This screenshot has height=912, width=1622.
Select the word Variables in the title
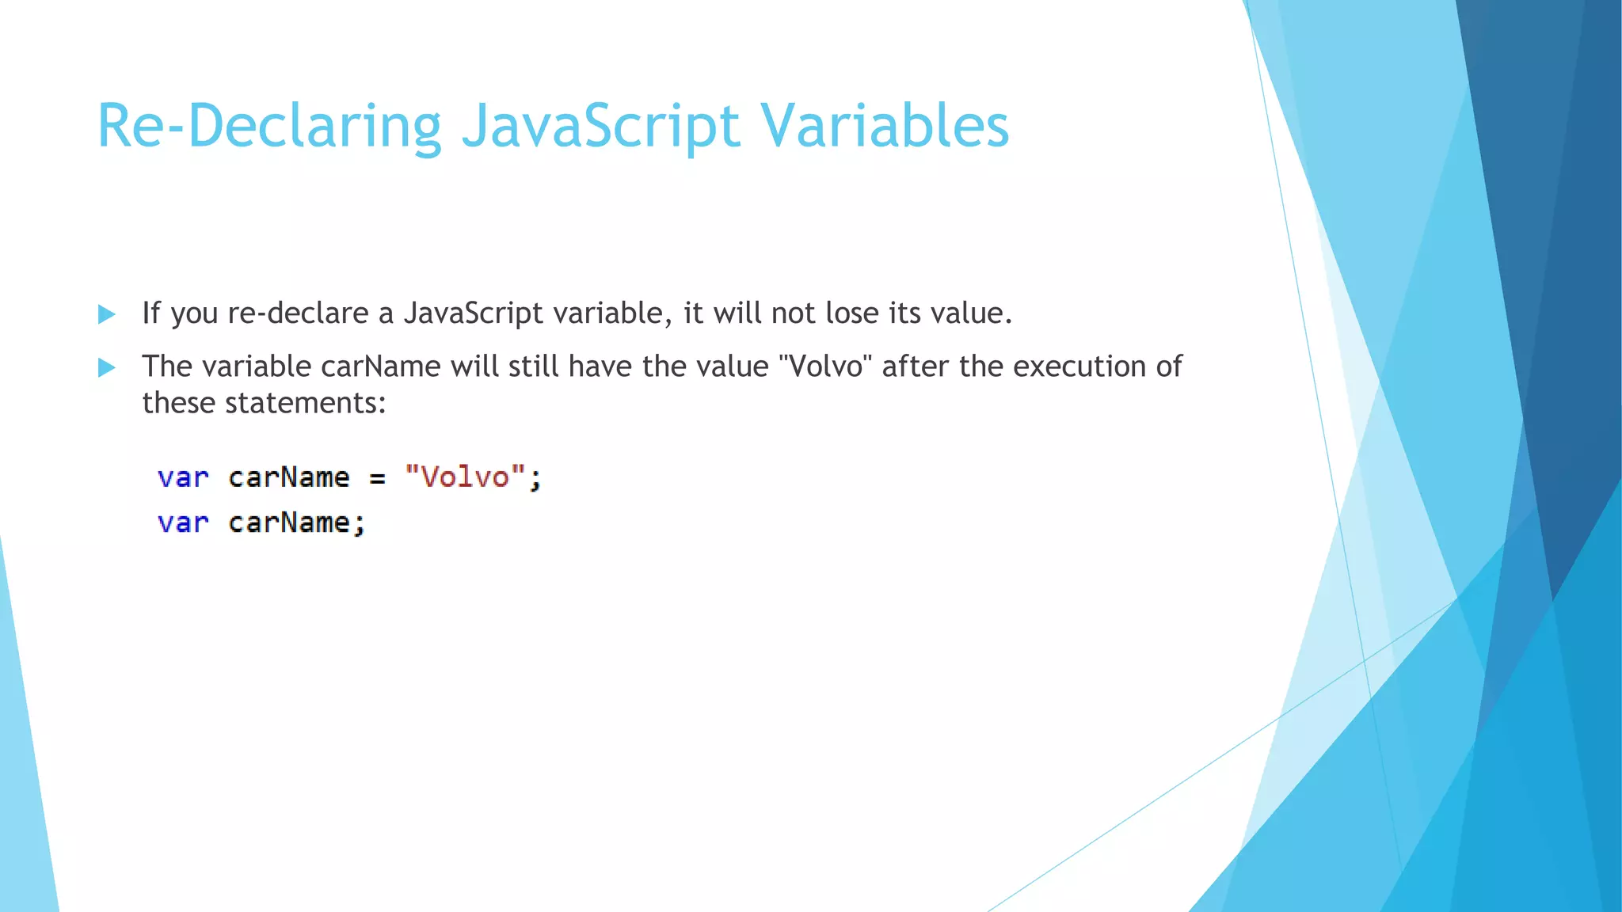(885, 127)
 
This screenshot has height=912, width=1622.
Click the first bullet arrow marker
(106, 314)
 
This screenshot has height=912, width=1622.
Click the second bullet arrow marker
(106, 367)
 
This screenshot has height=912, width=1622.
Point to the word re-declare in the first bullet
(299, 313)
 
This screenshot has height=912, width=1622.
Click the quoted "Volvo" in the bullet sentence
(825, 367)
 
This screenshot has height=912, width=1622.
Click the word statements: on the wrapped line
(306, 403)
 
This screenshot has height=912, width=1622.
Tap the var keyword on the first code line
(183, 478)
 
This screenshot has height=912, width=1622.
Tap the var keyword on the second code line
(183, 523)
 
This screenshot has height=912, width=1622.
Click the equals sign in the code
(377, 478)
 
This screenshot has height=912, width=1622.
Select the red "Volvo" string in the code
(465, 477)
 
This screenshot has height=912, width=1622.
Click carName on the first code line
(289, 478)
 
